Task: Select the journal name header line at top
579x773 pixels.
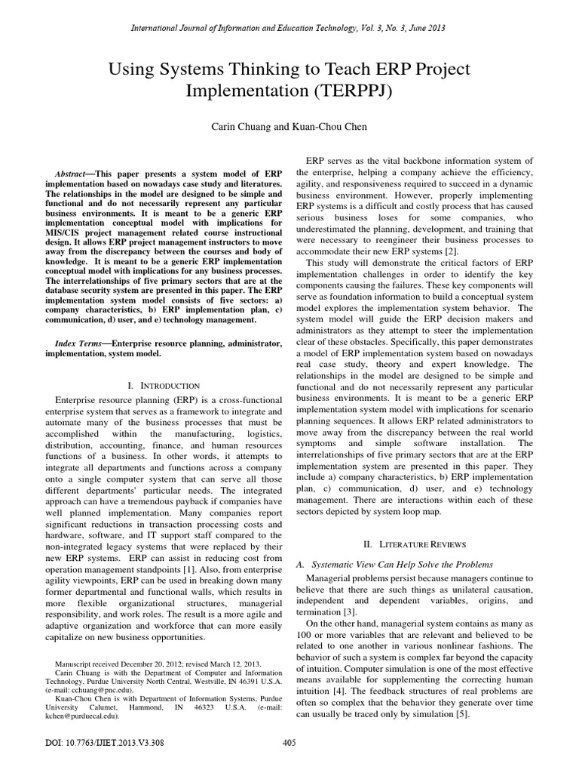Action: point(289,28)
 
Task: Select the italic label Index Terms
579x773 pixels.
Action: point(78,343)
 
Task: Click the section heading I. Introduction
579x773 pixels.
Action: point(164,386)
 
